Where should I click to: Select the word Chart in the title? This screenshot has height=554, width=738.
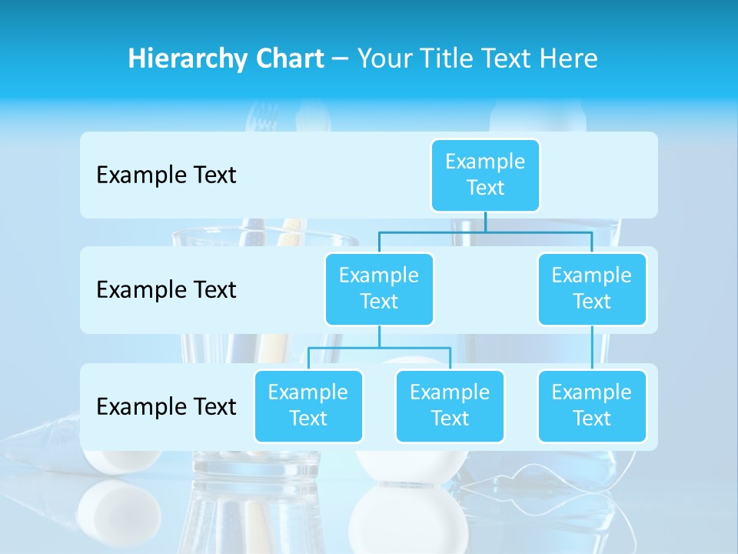[x=286, y=59]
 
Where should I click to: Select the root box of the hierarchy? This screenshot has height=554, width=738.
[x=485, y=175]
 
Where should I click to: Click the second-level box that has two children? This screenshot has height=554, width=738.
[x=379, y=289]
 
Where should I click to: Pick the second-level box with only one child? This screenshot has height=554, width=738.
[x=592, y=289]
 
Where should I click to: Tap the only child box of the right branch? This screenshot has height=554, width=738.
[x=592, y=405]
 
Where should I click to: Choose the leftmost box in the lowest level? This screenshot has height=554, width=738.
[x=308, y=405]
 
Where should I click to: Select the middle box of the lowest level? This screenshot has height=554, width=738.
[x=450, y=405]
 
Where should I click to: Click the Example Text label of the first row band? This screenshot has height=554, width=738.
[x=166, y=175]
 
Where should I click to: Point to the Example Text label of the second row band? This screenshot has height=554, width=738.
[x=166, y=289]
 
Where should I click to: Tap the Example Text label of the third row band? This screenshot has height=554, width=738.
[x=166, y=406]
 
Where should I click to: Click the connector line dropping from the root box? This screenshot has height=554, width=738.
[x=485, y=222]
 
